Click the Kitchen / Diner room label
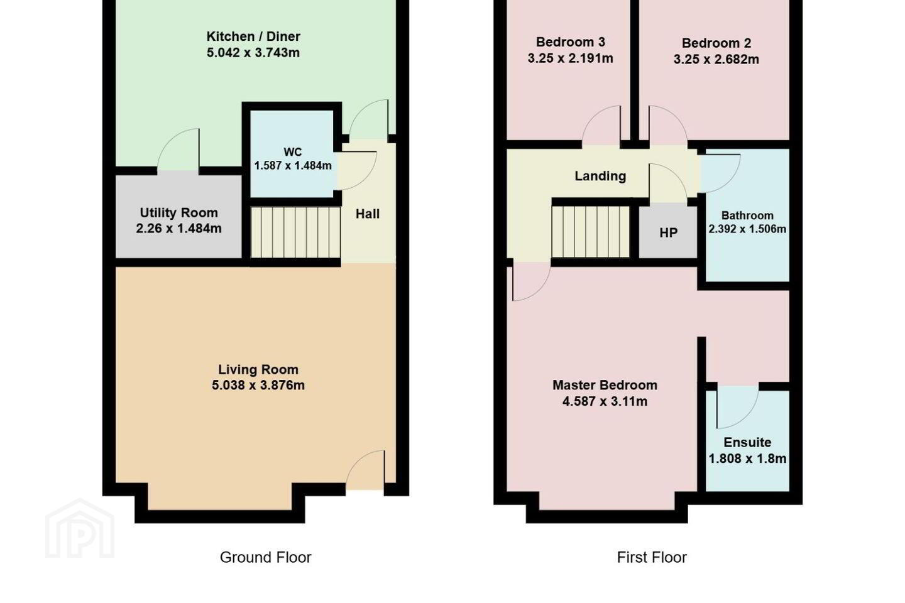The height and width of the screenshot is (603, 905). pyautogui.click(x=253, y=36)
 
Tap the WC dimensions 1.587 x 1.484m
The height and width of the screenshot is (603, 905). pyautogui.click(x=293, y=166)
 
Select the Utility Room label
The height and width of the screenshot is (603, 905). pyautogui.click(x=178, y=212)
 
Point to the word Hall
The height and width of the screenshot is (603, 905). pyautogui.click(x=367, y=214)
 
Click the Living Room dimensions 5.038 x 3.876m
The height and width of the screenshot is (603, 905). pyautogui.click(x=258, y=385)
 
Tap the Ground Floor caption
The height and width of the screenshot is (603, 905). pyautogui.click(x=265, y=557)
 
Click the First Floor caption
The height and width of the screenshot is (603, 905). pyautogui.click(x=652, y=557)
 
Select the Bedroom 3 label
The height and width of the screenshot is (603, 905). pyautogui.click(x=571, y=42)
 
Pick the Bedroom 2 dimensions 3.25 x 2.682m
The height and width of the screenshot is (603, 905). pyautogui.click(x=716, y=60)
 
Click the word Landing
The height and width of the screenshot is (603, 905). pyautogui.click(x=600, y=176)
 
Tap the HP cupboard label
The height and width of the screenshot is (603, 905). pyautogui.click(x=668, y=232)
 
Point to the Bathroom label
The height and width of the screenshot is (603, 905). pyautogui.click(x=747, y=215)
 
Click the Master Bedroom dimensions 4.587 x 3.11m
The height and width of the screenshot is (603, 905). pyautogui.click(x=605, y=401)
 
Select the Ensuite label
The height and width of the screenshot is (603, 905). pyautogui.click(x=747, y=442)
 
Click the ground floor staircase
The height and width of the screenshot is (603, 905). pyautogui.click(x=295, y=232)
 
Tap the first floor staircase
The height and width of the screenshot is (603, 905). pyautogui.click(x=591, y=232)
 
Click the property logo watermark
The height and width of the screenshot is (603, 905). pyautogui.click(x=80, y=528)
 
